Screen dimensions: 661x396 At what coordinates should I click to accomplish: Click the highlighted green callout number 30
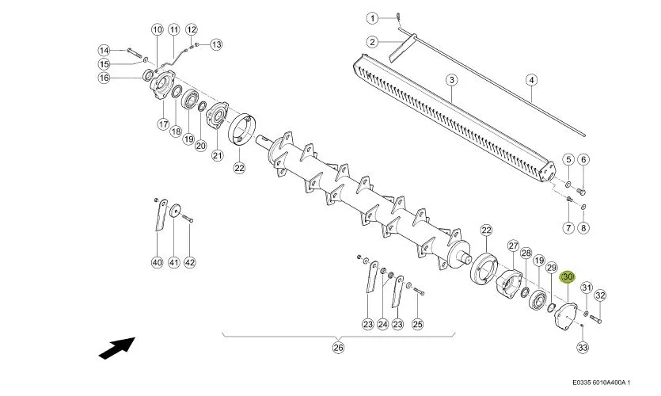568,277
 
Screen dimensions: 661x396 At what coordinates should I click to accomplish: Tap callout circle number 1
372,18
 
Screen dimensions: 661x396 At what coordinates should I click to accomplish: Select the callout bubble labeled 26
339,347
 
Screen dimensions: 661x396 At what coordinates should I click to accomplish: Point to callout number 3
451,80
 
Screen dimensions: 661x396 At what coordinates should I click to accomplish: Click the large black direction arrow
117,348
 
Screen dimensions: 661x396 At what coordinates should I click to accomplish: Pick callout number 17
164,124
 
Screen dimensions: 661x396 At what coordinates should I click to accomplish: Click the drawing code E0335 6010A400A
602,383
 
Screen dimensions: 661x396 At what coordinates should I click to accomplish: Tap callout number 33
583,348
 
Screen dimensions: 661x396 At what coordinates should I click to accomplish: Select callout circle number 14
104,50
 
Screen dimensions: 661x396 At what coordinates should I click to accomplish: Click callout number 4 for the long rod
532,80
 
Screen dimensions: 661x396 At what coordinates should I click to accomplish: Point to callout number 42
190,262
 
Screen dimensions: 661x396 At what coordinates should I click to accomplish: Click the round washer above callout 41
174,210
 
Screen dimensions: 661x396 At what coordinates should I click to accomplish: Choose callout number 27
513,246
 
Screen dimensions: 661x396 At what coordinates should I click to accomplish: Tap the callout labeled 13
216,44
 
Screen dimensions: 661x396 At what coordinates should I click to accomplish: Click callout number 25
417,324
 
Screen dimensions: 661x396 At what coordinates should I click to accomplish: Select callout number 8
583,228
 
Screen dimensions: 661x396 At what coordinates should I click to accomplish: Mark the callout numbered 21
217,155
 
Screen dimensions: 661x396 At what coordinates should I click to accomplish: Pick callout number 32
600,295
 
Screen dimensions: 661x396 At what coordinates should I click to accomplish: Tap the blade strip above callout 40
161,215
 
